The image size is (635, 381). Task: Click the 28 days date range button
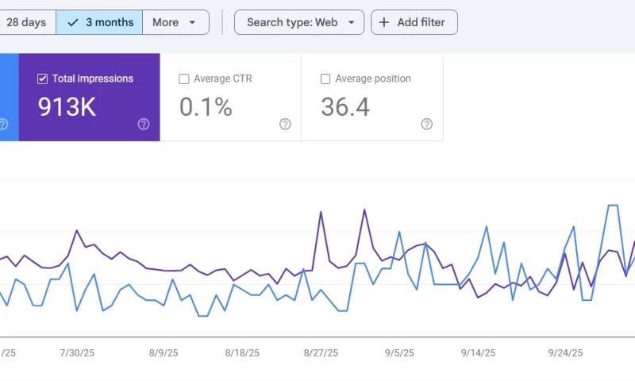(x=26, y=22)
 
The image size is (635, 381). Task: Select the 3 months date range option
(x=100, y=22)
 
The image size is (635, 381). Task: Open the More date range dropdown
(x=175, y=22)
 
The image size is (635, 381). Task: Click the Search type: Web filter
(x=299, y=22)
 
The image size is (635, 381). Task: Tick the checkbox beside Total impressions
(x=43, y=79)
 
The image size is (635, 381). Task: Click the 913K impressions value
(x=67, y=107)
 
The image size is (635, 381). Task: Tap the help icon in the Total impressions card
(x=144, y=124)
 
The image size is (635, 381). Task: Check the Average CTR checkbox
(x=184, y=79)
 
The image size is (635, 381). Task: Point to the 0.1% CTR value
(x=206, y=107)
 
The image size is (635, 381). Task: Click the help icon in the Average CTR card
(x=285, y=124)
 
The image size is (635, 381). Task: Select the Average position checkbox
(x=325, y=79)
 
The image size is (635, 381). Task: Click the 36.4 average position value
(x=345, y=107)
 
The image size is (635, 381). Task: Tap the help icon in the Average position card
(x=426, y=124)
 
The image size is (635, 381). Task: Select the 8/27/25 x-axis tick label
(x=321, y=353)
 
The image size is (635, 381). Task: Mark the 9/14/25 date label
(x=479, y=353)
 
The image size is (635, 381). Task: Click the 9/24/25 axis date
(x=565, y=353)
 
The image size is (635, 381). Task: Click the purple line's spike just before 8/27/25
(x=321, y=212)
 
